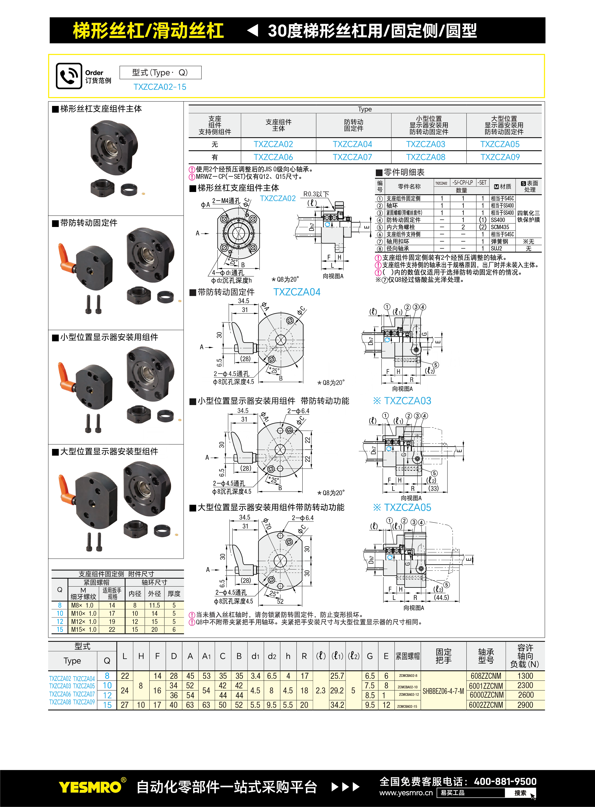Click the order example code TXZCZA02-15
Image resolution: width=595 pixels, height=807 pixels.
coord(160,87)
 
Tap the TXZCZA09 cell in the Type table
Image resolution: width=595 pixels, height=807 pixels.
coord(500,157)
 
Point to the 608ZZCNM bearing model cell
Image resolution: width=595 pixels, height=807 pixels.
coord(486,676)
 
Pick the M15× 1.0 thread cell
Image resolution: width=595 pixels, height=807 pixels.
coord(83,630)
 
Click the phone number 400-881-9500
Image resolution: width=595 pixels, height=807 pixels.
coord(505,781)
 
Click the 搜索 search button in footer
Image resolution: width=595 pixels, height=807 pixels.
coord(520,793)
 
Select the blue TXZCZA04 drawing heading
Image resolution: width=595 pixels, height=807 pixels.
coord(297,292)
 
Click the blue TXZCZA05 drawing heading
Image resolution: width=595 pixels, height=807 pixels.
coord(407,508)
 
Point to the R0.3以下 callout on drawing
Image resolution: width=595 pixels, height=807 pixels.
coord(316,194)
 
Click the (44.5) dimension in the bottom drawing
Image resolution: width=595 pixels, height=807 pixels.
coord(441,598)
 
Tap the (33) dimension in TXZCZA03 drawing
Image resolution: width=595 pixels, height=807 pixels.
coord(433,488)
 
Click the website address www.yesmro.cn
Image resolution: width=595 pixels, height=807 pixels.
coord(406,793)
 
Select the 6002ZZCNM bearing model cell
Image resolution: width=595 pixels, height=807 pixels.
coord(486,705)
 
